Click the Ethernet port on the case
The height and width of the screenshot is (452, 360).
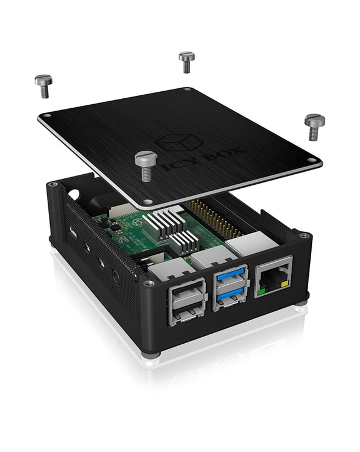274,276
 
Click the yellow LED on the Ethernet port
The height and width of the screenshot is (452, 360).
285,284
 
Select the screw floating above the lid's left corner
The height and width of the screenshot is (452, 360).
43,84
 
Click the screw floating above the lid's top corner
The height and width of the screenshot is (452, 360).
186,61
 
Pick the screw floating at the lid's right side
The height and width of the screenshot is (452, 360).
315,125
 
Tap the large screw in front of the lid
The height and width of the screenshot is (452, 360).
146,165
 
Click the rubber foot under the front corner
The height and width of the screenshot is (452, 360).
152,355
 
